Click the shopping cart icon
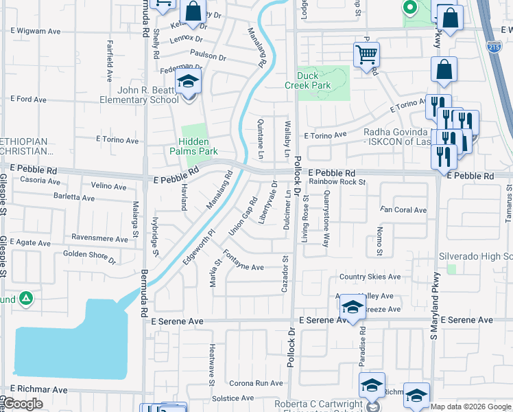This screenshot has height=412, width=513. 366,54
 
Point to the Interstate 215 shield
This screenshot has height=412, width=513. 494,47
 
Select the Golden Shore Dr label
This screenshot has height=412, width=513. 89,256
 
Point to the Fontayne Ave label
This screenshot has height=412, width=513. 244,264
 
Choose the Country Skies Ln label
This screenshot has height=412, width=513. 370,277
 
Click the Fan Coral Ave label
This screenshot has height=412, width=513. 405,210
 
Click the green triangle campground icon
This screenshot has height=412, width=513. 25,299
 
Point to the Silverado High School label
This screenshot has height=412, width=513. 477,255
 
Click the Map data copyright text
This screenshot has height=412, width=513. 470,407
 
